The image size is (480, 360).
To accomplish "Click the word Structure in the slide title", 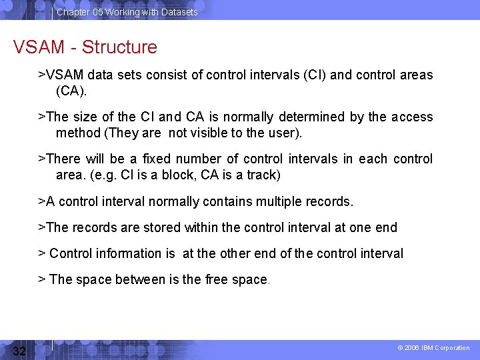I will click(x=119, y=47).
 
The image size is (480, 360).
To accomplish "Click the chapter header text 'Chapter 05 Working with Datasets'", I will click(x=127, y=12).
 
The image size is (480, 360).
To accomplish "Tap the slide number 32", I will click(x=19, y=351).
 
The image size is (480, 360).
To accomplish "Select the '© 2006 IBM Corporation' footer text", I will click(x=433, y=348).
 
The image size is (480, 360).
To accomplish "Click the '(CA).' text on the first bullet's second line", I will click(x=71, y=90).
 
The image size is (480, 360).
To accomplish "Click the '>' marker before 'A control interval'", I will click(x=41, y=201).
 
